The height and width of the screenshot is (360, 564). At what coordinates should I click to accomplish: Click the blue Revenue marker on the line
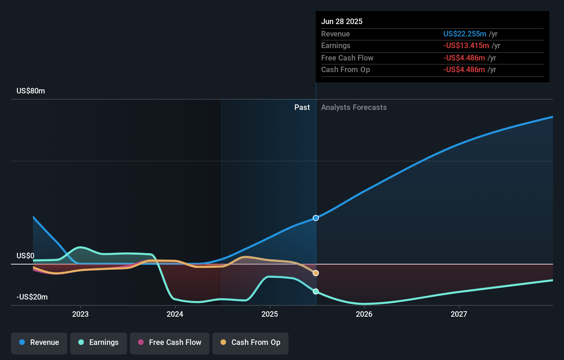tap(316, 218)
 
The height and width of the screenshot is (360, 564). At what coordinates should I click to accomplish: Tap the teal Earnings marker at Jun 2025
tap(316, 291)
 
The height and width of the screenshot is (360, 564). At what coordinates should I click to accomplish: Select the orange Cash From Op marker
tap(316, 273)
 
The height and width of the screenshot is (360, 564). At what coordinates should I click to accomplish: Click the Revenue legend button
tap(39, 342)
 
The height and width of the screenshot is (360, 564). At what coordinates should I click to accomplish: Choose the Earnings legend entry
tap(99, 342)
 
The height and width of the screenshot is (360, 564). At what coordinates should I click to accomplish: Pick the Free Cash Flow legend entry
tap(170, 342)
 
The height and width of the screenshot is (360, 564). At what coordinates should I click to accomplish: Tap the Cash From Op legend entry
tap(250, 342)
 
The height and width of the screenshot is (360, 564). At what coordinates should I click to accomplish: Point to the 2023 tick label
tap(80, 314)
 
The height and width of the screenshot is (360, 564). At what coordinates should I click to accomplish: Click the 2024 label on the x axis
tap(175, 314)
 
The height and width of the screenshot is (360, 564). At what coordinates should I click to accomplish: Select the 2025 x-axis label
tap(270, 314)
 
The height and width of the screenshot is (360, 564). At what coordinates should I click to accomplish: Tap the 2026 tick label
tap(364, 314)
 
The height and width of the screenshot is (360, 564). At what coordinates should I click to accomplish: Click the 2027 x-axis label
tap(459, 314)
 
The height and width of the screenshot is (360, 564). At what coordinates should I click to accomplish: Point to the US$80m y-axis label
tap(31, 91)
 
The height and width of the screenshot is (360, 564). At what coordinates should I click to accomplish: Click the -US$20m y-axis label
tap(32, 297)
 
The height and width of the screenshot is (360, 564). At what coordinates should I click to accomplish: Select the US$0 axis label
tap(25, 256)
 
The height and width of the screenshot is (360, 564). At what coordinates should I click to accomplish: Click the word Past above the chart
tap(302, 108)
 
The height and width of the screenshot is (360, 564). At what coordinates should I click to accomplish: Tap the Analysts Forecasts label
tap(354, 108)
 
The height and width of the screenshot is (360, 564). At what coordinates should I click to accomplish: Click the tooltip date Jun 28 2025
tap(342, 21)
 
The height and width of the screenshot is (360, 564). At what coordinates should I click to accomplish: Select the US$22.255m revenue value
tap(464, 34)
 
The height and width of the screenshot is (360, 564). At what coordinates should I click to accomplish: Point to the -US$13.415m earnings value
tap(466, 45)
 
